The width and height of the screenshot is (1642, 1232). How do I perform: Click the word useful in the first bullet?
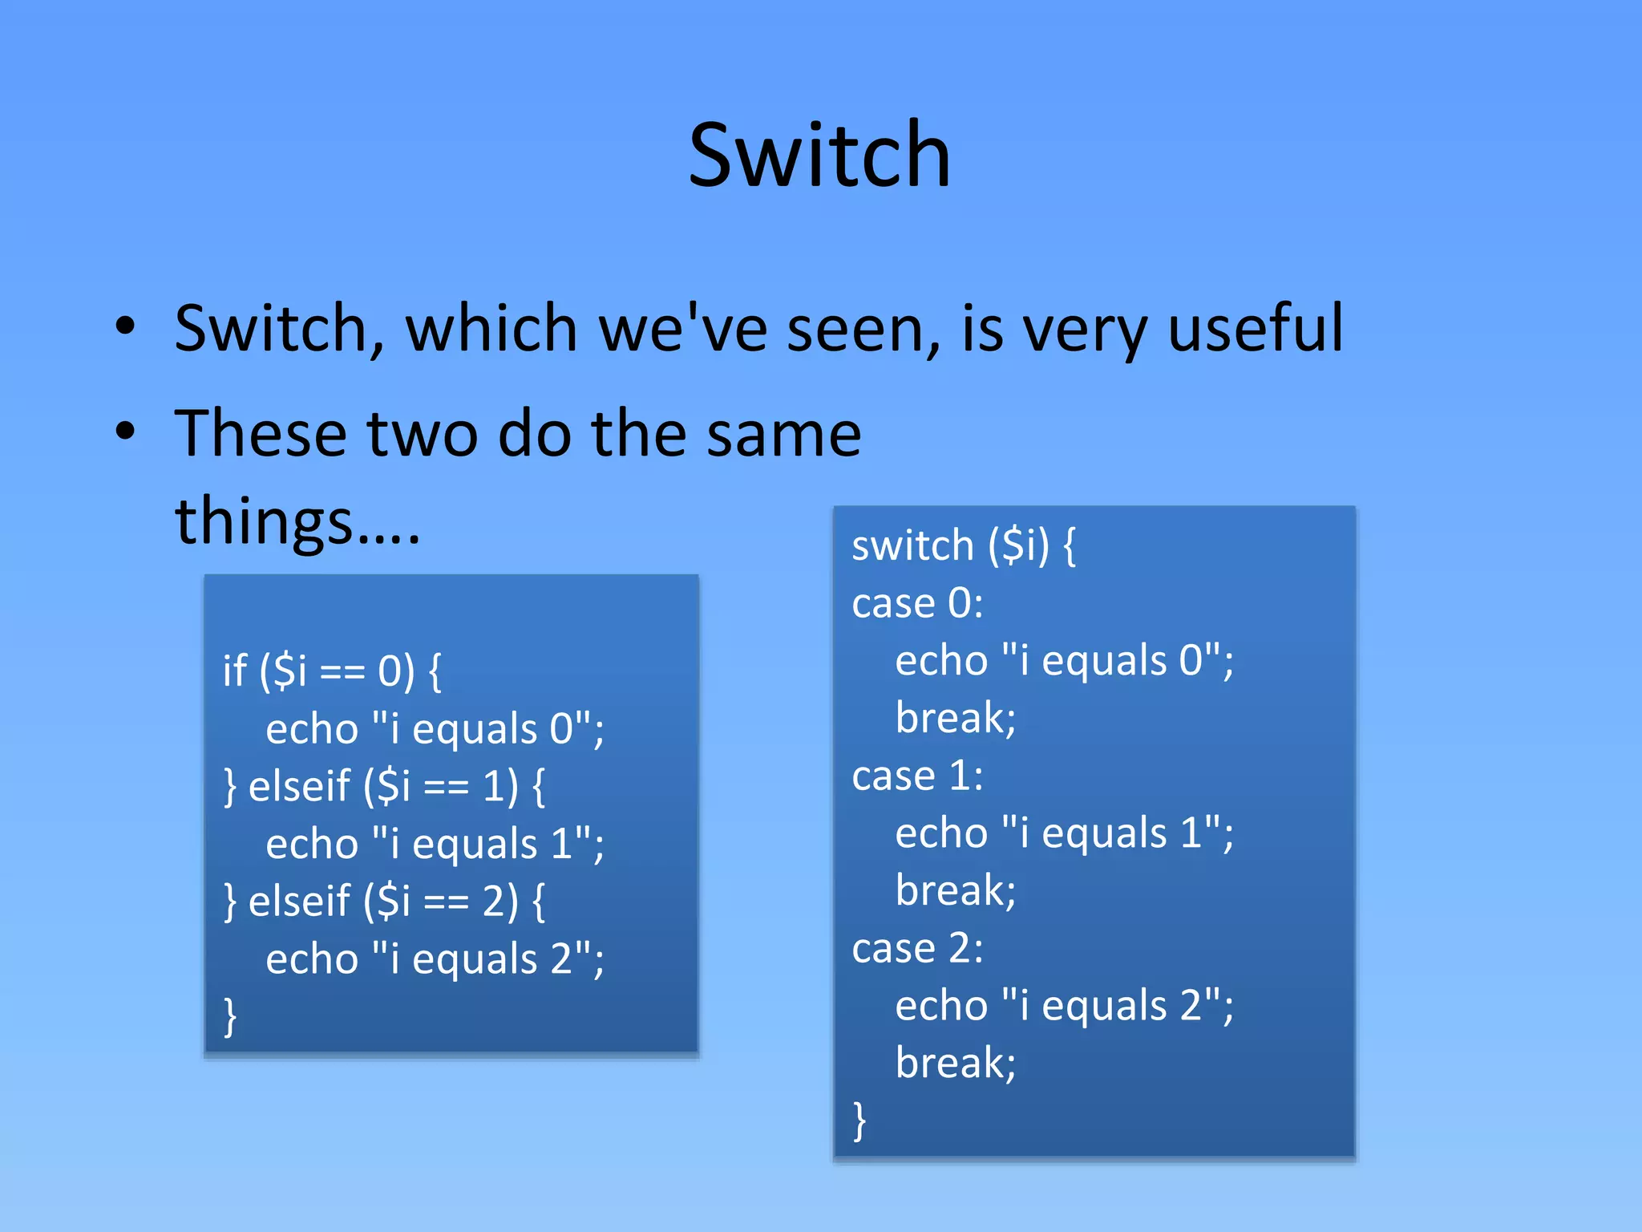click(1255, 328)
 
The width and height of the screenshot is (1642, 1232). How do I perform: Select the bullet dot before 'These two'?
click(125, 431)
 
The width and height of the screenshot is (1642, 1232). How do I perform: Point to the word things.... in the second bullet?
click(297, 521)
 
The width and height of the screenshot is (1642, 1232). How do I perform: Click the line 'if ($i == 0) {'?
click(332, 671)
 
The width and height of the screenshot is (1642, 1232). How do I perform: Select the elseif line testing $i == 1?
click(385, 786)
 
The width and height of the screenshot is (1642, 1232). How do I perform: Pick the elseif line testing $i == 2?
click(385, 901)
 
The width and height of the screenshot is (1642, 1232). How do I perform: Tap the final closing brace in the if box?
click(230, 1016)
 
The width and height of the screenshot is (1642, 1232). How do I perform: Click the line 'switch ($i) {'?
click(963, 546)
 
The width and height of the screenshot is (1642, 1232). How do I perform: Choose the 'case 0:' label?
click(917, 603)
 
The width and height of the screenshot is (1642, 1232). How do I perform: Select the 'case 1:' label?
click(917, 776)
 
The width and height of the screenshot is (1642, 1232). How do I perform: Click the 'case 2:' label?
click(917, 948)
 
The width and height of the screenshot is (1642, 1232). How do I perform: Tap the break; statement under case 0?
click(955, 718)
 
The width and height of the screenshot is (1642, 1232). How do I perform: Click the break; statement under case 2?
click(955, 1063)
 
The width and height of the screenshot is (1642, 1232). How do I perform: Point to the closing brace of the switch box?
click(859, 1120)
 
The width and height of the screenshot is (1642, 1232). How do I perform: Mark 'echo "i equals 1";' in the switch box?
click(1064, 833)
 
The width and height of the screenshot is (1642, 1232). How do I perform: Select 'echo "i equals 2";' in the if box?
click(435, 958)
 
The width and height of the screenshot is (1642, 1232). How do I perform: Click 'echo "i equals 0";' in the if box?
click(435, 729)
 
